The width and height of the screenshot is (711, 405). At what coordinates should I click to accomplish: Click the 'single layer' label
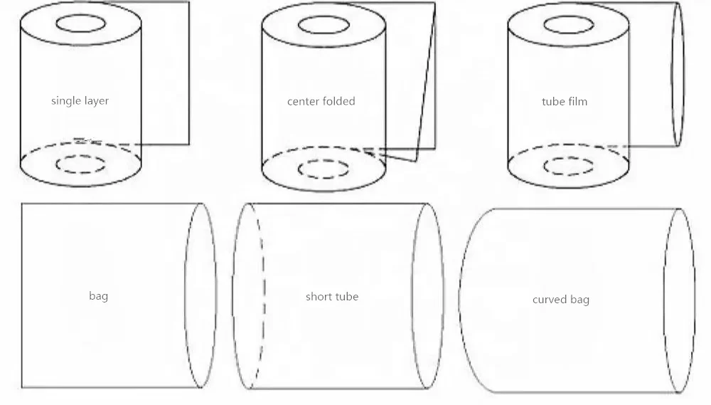80,101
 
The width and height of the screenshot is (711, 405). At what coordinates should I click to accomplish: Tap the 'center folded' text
321,101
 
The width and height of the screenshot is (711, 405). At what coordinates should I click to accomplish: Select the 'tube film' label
565,101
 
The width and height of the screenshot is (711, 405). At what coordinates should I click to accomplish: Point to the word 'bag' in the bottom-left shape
98,295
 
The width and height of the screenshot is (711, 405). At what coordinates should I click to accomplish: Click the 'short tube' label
332,296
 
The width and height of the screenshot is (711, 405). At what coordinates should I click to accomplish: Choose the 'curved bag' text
560,300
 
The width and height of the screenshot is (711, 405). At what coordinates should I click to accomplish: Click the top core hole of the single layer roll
80,23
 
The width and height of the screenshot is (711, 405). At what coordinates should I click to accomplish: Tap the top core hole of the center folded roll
324,25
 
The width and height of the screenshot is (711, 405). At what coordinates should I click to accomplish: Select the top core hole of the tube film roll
569,24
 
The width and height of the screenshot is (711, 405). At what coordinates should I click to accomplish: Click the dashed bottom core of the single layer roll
80,164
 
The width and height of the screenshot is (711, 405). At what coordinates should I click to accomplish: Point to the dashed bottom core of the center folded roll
324,169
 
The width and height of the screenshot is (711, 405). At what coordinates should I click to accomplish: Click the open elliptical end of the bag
201,295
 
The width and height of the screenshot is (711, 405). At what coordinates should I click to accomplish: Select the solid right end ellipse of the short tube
429,296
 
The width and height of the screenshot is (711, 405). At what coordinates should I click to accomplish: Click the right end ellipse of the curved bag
679,300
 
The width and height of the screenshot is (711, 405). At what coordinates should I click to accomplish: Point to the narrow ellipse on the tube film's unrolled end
678,74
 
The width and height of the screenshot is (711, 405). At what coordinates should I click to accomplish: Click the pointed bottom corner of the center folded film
415,161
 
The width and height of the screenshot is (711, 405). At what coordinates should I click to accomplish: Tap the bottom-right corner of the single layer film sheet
188,144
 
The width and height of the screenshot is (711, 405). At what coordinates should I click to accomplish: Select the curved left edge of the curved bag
460,300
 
